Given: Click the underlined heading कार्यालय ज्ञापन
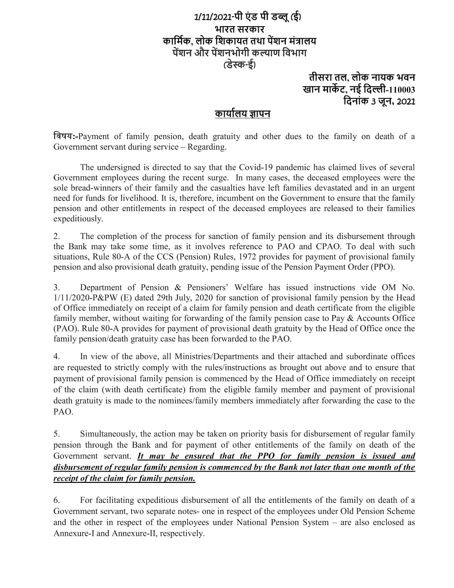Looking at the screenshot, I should point(242,114).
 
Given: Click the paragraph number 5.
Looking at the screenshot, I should point(56,434).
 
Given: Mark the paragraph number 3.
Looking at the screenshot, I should point(56,287).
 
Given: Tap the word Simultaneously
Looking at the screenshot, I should point(110,434).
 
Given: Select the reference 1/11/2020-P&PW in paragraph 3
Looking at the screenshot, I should point(90,298).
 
